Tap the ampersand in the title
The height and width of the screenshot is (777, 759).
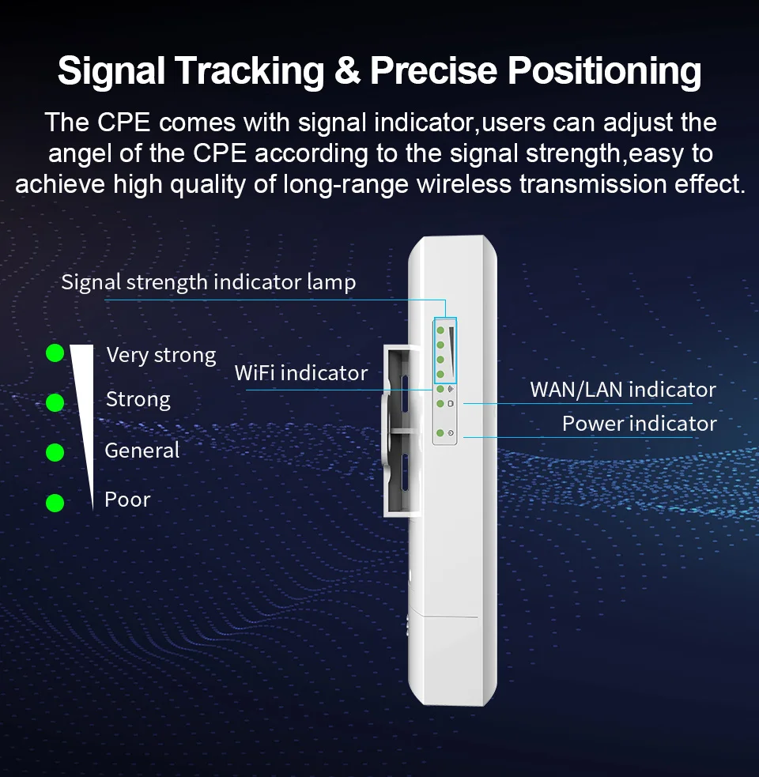click(x=349, y=71)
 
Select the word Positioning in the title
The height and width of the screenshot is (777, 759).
click(x=604, y=71)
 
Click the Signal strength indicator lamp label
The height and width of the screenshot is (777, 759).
click(x=209, y=282)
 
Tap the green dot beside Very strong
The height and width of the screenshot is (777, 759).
click(x=55, y=353)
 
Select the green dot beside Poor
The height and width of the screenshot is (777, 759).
click(x=55, y=502)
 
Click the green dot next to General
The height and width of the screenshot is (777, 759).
click(x=55, y=452)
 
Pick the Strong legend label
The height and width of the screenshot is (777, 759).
click(x=138, y=400)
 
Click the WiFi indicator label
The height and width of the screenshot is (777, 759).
click(x=301, y=373)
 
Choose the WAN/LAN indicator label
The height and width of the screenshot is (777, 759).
click(x=623, y=390)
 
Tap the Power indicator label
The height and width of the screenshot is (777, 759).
click(x=639, y=424)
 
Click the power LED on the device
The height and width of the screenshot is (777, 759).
click(x=440, y=433)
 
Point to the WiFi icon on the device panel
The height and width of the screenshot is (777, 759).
click(x=451, y=389)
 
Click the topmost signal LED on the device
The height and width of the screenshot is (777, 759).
click(x=440, y=329)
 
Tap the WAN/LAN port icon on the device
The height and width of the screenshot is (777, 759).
click(x=451, y=403)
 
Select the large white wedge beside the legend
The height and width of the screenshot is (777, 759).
click(x=82, y=411)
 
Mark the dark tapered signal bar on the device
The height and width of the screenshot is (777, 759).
click(x=452, y=341)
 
